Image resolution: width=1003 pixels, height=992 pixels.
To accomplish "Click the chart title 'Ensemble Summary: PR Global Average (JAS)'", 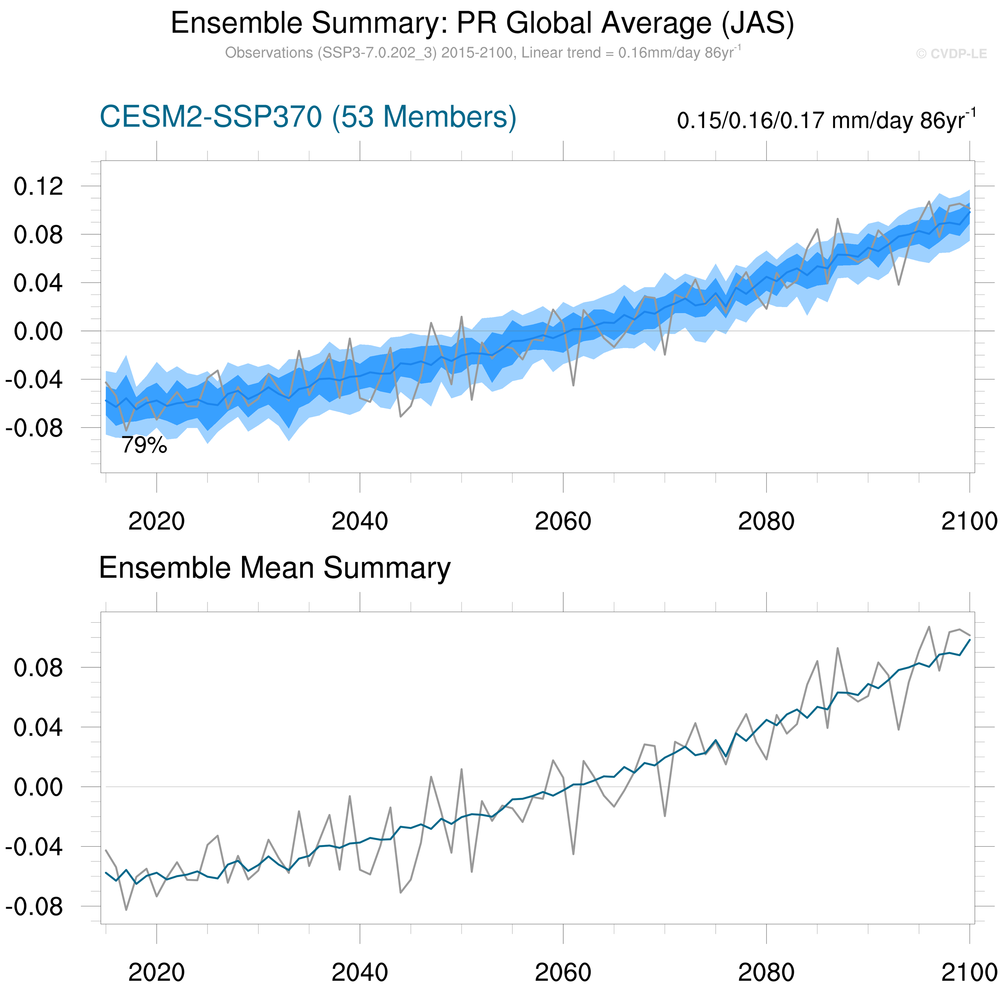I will click(x=482, y=23).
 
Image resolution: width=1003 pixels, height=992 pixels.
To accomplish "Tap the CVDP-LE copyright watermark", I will click(x=951, y=54).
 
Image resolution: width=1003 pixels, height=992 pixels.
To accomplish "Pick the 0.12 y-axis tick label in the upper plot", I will click(x=38, y=186).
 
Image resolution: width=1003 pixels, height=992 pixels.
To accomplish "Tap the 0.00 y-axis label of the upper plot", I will click(x=38, y=331).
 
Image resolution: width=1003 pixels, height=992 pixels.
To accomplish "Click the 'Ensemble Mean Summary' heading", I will click(x=275, y=568).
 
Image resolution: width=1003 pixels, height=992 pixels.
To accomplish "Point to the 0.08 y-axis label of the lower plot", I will click(x=38, y=668).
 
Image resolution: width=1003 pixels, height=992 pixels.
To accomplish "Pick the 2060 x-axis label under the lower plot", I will click(x=563, y=972).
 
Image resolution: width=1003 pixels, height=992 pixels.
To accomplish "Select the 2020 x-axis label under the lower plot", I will click(x=156, y=972).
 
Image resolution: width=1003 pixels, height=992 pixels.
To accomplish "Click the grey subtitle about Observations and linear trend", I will click(x=483, y=53).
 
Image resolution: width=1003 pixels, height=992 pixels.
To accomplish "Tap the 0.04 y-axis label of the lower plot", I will click(x=38, y=727).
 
